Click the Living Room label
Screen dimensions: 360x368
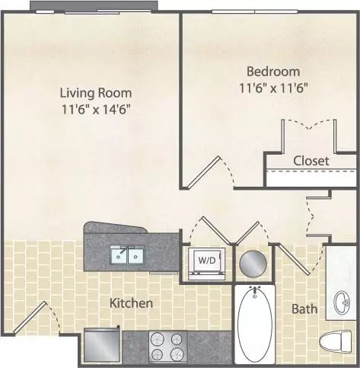pos(96,93)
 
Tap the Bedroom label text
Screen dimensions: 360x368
pos(273,72)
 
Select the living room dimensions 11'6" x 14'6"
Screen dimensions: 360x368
pos(96,110)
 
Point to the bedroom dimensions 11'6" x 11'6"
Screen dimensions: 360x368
pos(273,88)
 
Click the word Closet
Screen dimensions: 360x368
pos(311,161)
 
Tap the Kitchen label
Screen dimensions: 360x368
pos(131,303)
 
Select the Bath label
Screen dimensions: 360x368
pos(304,309)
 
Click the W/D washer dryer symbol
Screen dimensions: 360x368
pos(207,264)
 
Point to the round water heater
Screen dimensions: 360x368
pos(253,264)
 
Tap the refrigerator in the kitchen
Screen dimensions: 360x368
pos(102,346)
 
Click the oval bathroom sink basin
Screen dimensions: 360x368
pos(342,302)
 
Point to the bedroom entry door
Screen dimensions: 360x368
pos(203,172)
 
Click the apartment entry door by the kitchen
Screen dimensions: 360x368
pos(30,317)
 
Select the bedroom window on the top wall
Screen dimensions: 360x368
pos(254,11)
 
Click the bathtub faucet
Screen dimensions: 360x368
pos(255,291)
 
